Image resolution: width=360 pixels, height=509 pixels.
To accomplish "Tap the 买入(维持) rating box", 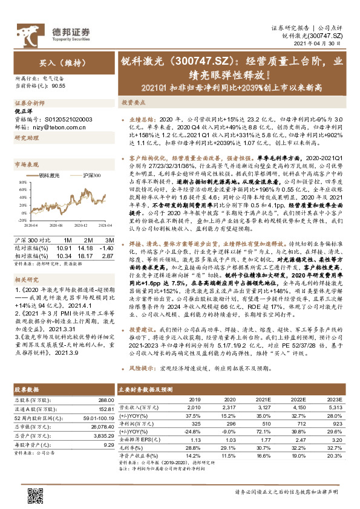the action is pyautogui.click(x=57, y=62).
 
